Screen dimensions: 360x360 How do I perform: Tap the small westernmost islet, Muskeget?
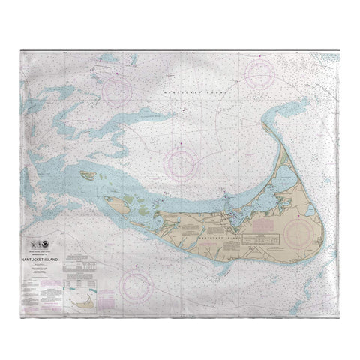tap(87, 177)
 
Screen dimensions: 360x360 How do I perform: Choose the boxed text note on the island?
tap(256, 237)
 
